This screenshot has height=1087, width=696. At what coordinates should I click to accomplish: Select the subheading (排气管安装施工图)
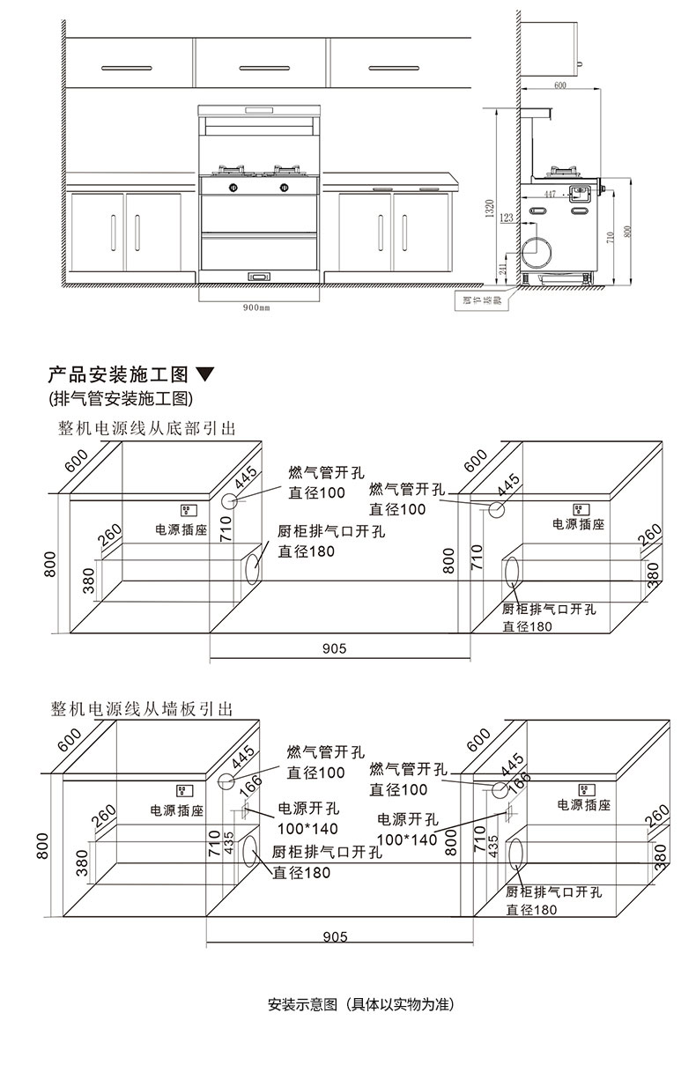[121, 398]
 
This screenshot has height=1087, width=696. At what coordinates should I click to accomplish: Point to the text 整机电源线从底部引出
[147, 428]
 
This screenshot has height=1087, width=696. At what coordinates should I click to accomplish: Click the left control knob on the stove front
[233, 187]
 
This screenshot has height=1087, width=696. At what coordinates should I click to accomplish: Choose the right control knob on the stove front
[285, 187]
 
